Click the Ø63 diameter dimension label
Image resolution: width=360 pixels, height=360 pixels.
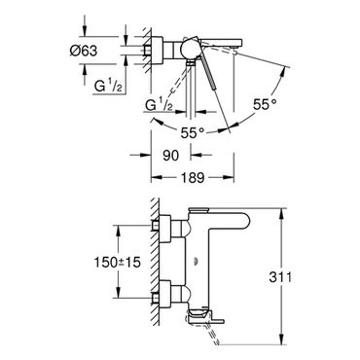click(x=84, y=51)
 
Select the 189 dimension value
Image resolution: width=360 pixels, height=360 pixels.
click(x=193, y=177)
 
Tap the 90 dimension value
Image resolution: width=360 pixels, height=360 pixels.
click(x=170, y=156)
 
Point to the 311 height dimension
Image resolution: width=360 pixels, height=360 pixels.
click(x=281, y=276)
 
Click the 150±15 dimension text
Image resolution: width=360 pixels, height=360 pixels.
click(x=118, y=262)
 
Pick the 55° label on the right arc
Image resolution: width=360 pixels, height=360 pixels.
click(x=265, y=104)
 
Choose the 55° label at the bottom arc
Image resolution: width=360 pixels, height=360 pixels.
click(x=193, y=133)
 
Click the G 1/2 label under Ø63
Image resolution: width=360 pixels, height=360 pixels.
click(x=108, y=86)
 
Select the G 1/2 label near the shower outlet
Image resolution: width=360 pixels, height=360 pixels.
click(x=159, y=105)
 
